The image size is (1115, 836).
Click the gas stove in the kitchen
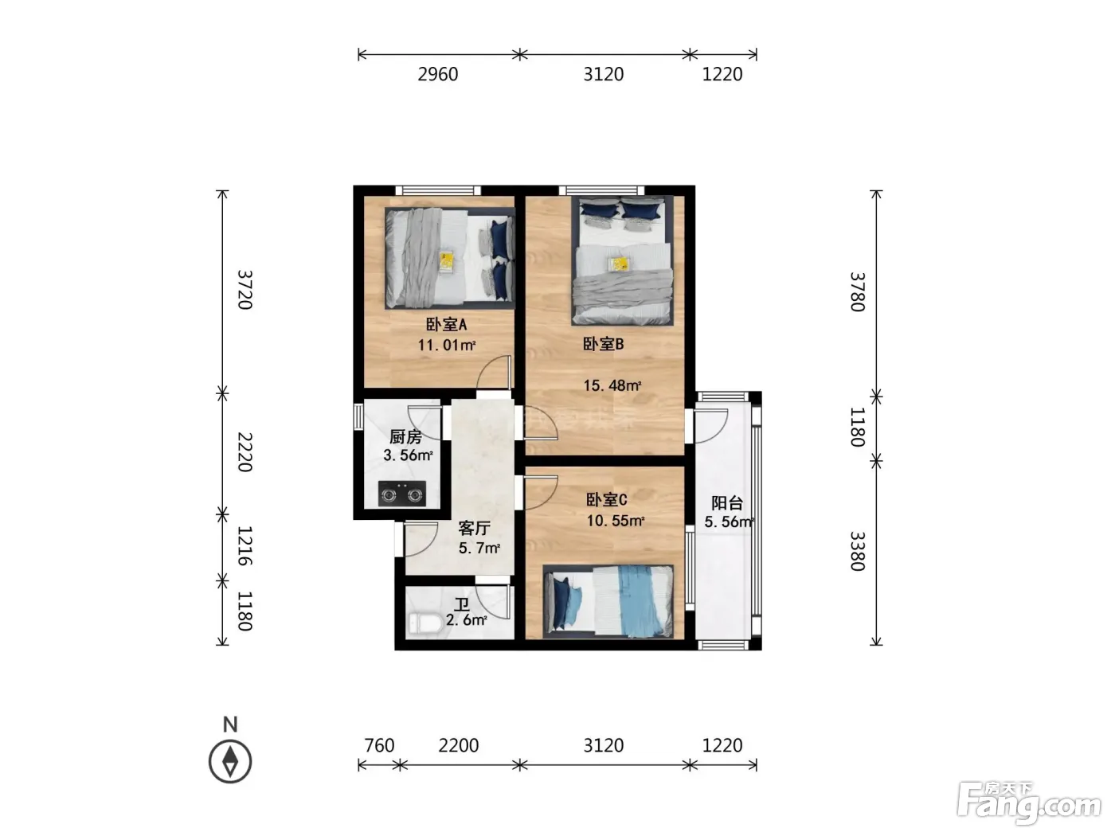402,494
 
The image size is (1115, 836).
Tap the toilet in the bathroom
425,624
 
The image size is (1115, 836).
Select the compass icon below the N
230,761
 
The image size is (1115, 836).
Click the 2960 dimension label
438,75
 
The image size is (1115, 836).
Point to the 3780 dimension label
858,292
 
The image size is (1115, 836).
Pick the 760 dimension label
379,746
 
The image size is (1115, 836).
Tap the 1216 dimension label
245,545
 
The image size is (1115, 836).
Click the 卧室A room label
446,324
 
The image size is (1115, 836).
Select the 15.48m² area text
612,385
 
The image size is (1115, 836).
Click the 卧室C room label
607,500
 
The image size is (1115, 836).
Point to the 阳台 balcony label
727,503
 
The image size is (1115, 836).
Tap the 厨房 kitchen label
405,436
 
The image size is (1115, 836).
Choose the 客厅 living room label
474,529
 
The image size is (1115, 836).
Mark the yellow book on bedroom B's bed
620,264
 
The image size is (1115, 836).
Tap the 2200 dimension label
459,746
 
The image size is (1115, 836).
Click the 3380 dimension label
858,551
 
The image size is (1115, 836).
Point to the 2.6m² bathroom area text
467,619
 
